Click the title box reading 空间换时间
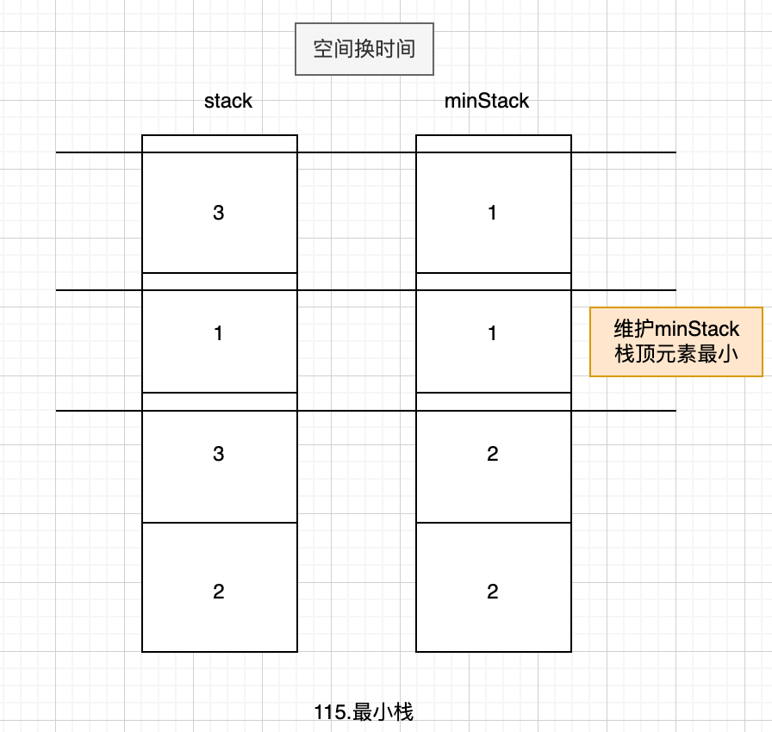pyautogui.click(x=364, y=48)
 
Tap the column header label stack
pyautogui.click(x=228, y=101)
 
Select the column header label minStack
pyautogui.click(x=486, y=101)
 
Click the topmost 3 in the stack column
pyautogui.click(x=218, y=213)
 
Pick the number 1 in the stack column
pyautogui.click(x=218, y=333)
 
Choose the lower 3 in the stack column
pyautogui.click(x=218, y=454)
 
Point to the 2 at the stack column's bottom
pyautogui.click(x=218, y=592)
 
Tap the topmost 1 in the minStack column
pyautogui.click(x=492, y=213)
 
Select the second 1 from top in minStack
pyautogui.click(x=492, y=333)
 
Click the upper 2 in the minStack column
pyautogui.click(x=492, y=454)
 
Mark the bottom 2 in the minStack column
pyautogui.click(x=492, y=592)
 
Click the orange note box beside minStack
pyautogui.click(x=675, y=341)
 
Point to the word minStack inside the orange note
pyautogui.click(x=697, y=330)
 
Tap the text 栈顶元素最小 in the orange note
pyautogui.click(x=676, y=353)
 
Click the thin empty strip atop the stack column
pyautogui.click(x=219, y=144)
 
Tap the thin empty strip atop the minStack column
pyautogui.click(x=493, y=144)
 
